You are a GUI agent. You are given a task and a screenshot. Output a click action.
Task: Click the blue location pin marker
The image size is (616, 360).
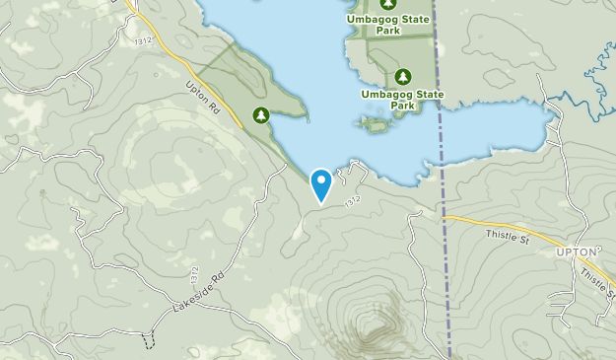click(320, 183)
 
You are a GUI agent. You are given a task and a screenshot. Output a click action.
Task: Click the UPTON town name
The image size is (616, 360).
click(577, 252)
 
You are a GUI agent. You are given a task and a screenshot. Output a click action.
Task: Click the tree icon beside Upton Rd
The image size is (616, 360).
click(260, 115)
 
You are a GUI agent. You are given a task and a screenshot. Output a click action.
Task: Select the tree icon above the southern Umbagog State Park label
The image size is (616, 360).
click(402, 76)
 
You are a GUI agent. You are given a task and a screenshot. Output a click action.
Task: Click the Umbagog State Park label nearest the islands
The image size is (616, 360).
click(402, 99)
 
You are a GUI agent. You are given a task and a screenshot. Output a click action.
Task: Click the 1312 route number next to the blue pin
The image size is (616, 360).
click(354, 202)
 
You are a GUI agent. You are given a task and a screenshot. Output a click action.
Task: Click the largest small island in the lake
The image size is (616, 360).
click(374, 124)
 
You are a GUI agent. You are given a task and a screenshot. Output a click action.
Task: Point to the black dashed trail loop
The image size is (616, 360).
click(150, 339)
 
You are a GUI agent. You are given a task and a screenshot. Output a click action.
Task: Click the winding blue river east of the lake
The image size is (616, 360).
click(582, 89)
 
